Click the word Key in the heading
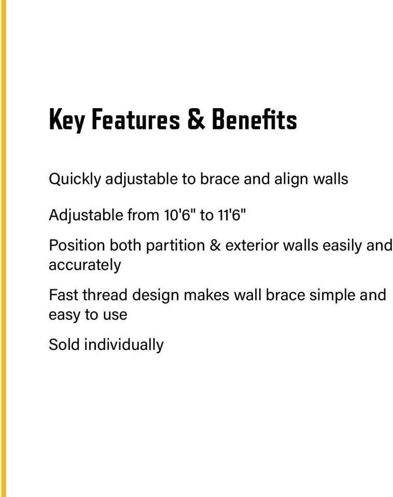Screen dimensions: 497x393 (66, 120)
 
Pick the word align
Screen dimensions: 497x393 (289, 179)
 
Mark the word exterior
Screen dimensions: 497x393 (251, 245)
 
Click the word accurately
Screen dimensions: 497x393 (85, 265)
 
